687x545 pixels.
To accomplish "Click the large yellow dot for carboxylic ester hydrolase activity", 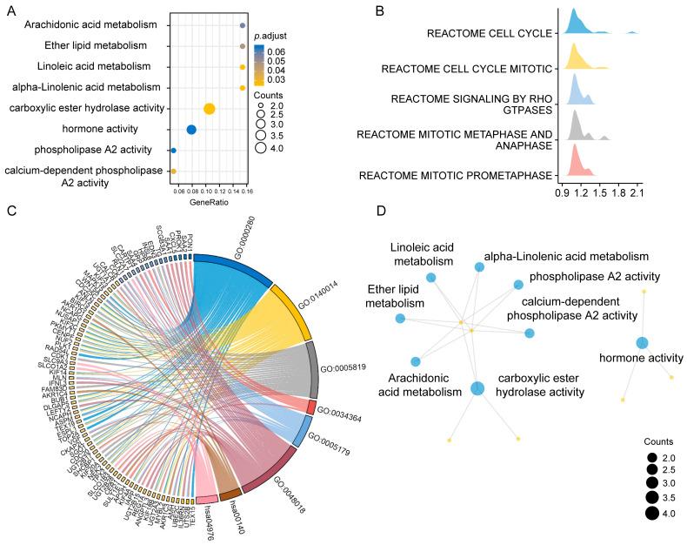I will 209,109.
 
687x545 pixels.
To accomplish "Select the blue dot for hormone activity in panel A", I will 191,130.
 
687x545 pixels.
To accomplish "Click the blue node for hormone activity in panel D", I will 642,343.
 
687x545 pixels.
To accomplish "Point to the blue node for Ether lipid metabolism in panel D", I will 400,319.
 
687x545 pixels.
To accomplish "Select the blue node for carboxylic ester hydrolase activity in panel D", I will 477,388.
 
